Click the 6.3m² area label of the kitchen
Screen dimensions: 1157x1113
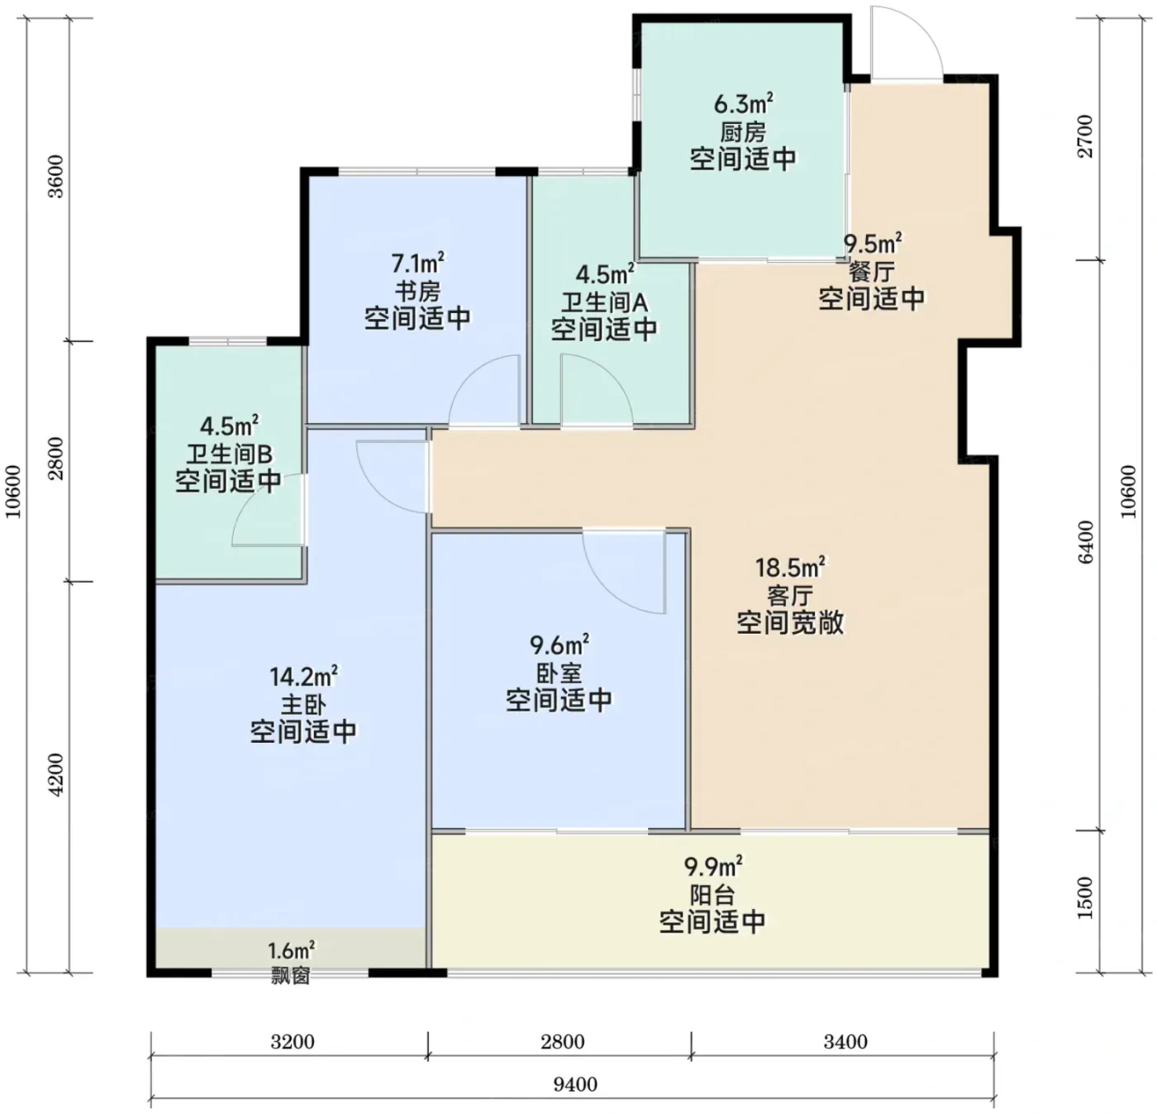743,104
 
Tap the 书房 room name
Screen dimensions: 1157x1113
418,292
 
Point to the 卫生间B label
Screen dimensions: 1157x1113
229,454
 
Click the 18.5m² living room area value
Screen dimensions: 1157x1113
789,567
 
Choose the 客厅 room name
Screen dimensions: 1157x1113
790,595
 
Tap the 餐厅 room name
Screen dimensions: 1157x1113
872,272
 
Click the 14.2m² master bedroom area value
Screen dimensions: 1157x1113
304,676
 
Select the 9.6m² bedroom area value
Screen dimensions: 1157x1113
559,644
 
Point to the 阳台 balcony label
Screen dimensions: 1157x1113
712,893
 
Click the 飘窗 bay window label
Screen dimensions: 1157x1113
291,976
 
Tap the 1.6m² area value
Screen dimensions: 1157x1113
292,951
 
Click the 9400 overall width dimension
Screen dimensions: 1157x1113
575,1084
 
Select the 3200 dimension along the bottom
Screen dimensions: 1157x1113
293,1042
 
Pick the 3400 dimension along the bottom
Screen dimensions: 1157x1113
845,1042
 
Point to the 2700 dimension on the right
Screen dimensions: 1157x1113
1085,136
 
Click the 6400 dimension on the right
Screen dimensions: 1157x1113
1085,542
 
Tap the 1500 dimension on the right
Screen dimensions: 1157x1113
1085,898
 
